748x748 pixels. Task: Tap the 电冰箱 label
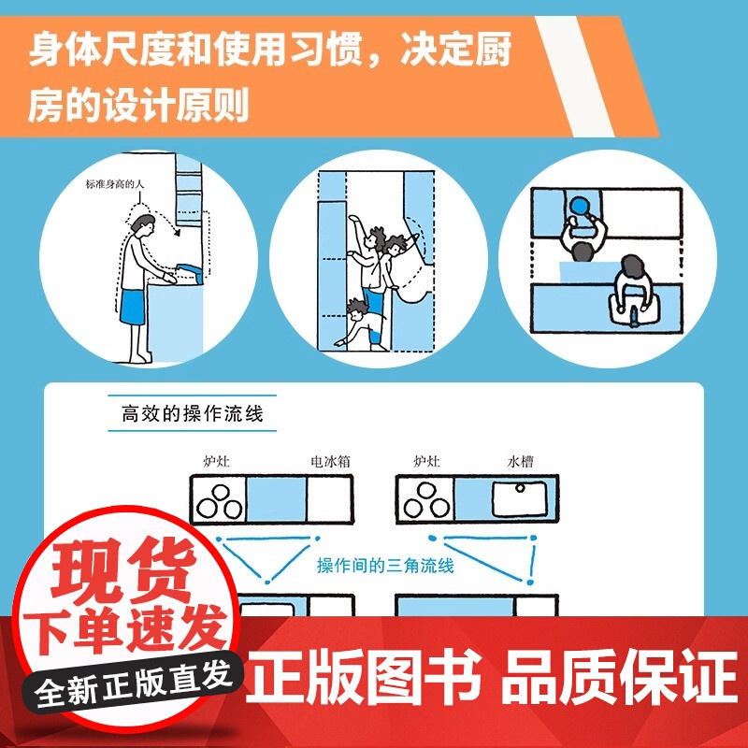331,461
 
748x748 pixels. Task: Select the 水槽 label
521,461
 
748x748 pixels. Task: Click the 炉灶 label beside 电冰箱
216,461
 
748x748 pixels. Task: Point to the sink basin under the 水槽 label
516,498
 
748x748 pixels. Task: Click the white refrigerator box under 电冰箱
333,497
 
